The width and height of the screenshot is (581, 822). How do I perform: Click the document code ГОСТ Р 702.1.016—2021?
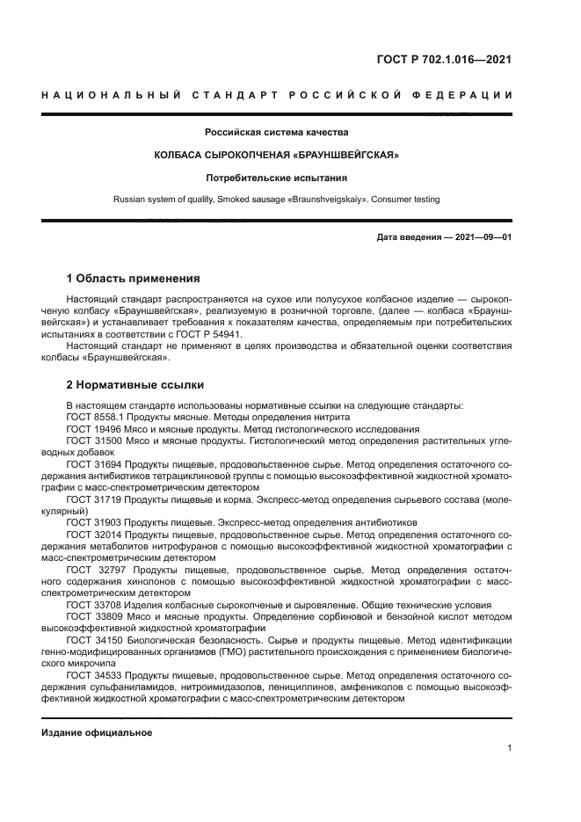[x=444, y=60]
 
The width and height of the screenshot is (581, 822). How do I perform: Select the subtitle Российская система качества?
[x=277, y=133]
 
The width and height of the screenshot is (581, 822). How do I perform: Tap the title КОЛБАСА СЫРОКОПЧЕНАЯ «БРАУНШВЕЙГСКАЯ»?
[x=277, y=156]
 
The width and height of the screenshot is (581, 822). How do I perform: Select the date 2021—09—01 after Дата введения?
[x=482, y=238]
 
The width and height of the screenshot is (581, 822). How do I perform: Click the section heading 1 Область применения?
[x=134, y=279]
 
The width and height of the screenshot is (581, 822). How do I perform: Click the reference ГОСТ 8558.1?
[x=95, y=416]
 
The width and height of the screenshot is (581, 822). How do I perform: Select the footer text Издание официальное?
[x=97, y=732]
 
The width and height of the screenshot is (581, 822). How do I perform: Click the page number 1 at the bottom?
[x=509, y=748]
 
